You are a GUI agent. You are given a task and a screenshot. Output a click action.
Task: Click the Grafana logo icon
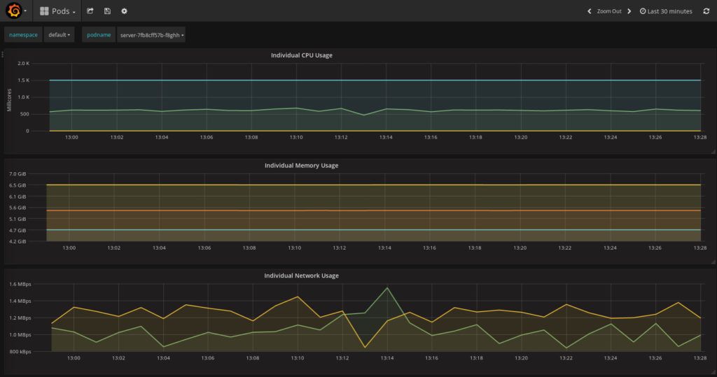click(x=13, y=10)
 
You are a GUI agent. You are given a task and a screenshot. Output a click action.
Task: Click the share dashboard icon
click(x=90, y=11)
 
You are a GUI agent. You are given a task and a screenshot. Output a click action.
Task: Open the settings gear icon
click(x=124, y=11)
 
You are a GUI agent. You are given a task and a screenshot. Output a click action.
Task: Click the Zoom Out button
click(x=608, y=11)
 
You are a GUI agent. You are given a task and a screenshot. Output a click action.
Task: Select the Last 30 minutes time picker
click(x=666, y=11)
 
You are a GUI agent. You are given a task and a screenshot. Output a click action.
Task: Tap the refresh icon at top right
click(x=706, y=11)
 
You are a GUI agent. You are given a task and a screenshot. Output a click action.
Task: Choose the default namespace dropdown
click(x=60, y=35)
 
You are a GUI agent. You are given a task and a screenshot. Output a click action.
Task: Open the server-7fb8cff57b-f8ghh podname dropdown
click(x=152, y=35)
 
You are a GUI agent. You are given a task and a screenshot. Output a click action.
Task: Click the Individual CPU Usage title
click(x=302, y=55)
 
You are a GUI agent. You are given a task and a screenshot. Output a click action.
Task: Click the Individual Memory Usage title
click(x=301, y=166)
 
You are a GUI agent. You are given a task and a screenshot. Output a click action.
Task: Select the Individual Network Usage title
click(x=301, y=276)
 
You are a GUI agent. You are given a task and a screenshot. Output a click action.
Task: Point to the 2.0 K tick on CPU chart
click(x=23, y=64)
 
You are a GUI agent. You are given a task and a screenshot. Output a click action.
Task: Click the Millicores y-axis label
click(x=10, y=99)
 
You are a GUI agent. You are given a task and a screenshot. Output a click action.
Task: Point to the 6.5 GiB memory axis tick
click(x=18, y=185)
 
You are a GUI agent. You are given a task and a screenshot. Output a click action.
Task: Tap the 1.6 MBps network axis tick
click(x=20, y=285)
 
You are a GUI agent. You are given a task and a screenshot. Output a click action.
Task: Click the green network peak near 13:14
click(x=387, y=287)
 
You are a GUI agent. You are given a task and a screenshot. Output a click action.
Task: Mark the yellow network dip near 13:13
click(x=364, y=347)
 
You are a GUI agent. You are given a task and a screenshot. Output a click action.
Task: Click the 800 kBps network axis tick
click(x=20, y=351)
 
